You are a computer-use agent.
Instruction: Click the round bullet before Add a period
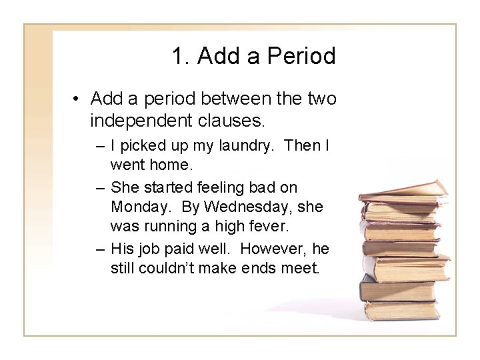point(78,100)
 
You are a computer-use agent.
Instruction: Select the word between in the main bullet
point(235,100)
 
